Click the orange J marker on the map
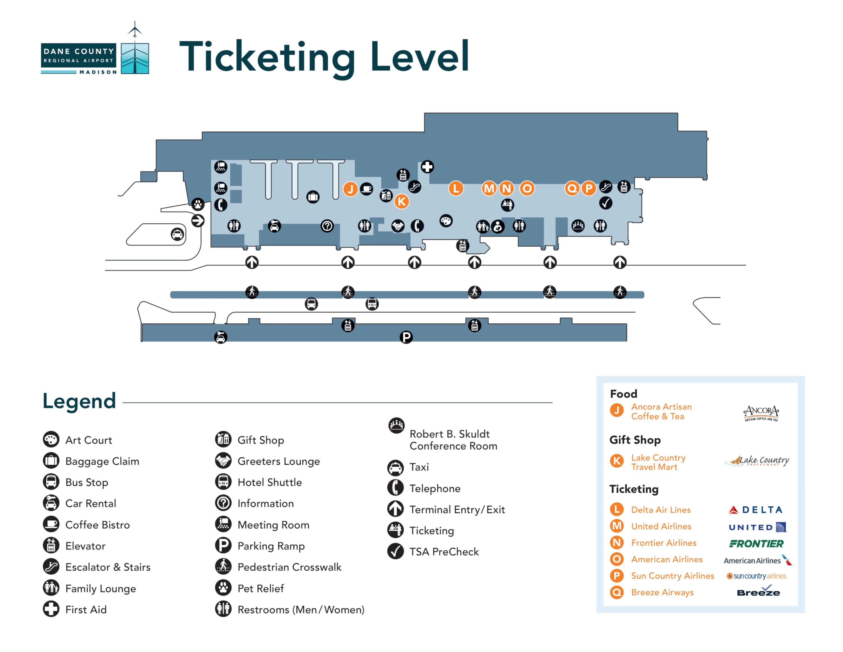coord(350,189)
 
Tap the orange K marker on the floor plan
coord(402,201)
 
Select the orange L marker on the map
coord(456,188)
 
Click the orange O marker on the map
coord(527,188)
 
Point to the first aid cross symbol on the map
coord(427,167)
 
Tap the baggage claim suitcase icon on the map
coord(313,197)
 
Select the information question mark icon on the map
coord(327,226)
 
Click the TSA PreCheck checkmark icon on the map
coord(606,203)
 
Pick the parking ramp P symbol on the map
coord(406,337)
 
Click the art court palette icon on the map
coord(446,221)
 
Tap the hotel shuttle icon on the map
coord(372,304)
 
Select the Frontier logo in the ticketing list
coord(756,543)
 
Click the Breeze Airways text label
coord(662,592)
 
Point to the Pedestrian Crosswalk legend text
coord(289,567)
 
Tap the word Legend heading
coord(79,401)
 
